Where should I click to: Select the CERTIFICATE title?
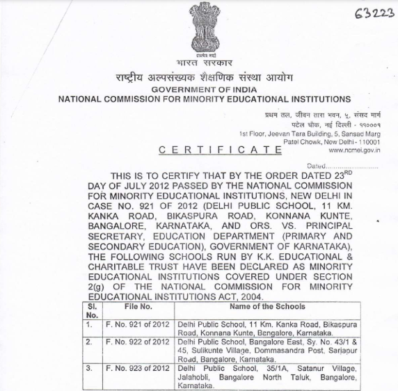pyautogui.click(x=216, y=150)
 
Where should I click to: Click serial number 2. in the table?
pyautogui.click(x=89, y=343)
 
